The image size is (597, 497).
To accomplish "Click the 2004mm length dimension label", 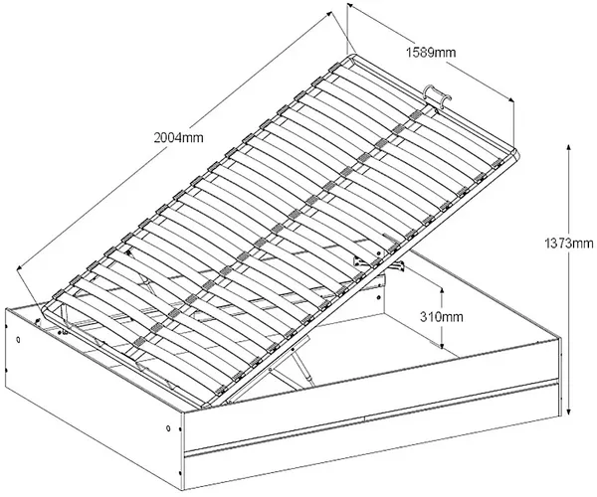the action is (178, 137).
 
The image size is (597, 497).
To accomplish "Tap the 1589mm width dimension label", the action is (431, 52).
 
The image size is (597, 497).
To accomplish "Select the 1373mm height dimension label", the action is (569, 243).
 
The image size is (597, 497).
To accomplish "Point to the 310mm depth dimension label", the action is (442, 316).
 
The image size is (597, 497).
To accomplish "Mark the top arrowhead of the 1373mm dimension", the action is (568, 148).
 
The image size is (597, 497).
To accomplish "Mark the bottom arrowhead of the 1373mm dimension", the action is (568, 412).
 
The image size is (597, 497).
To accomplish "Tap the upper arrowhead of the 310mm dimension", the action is (442, 291).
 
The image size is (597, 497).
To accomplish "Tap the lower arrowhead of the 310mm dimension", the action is (442, 344).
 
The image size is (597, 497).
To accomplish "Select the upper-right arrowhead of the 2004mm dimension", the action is (327, 15).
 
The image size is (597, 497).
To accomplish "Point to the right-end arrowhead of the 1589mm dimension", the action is (510, 99).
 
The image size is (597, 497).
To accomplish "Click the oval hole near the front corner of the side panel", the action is (168, 428).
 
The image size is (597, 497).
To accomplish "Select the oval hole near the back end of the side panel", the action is (19, 340).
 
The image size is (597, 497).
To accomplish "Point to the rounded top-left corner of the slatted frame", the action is (352, 57).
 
